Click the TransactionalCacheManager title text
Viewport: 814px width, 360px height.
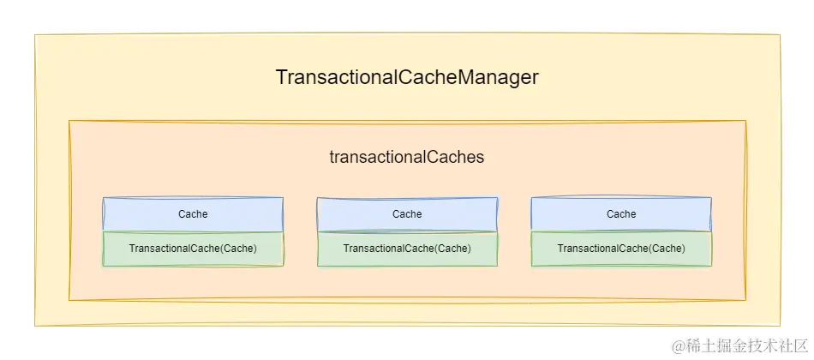[407, 77]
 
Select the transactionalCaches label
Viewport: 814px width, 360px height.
[407, 157]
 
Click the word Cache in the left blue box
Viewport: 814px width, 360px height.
[193, 214]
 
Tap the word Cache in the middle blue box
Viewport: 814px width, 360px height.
[407, 214]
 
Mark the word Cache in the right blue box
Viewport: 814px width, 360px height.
[621, 214]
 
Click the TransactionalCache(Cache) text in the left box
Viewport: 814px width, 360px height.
[193, 249]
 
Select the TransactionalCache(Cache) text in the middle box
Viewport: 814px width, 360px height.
[407, 249]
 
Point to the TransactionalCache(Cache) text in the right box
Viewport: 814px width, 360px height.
[621, 249]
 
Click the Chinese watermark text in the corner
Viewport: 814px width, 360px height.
[745, 345]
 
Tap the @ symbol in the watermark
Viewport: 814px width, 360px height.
[678, 345]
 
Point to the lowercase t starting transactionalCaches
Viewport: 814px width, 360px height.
[332, 157]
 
